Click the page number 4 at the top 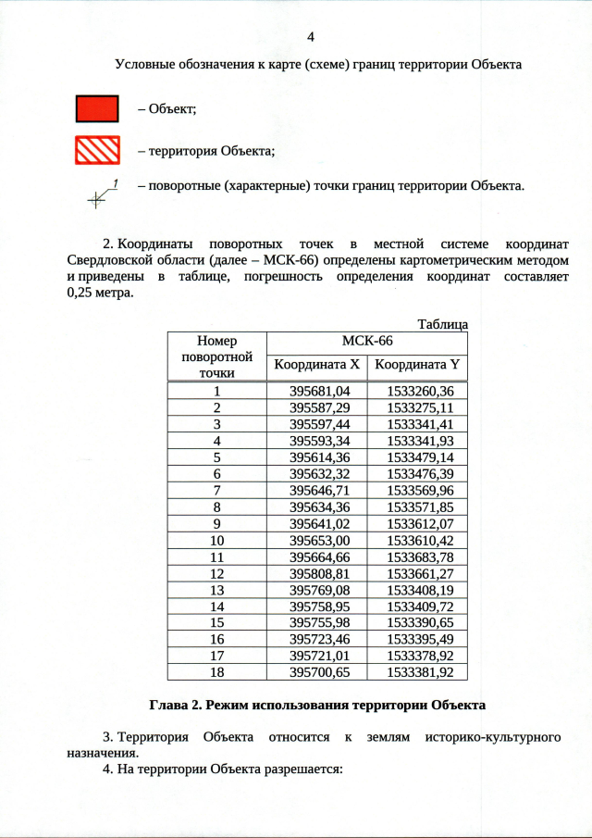pyautogui.click(x=311, y=37)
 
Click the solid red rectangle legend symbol pyautogui.click(x=97, y=108)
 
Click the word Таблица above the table pyautogui.click(x=442, y=324)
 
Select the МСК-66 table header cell pyautogui.click(x=367, y=342)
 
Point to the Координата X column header pyautogui.click(x=317, y=366)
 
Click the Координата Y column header pyautogui.click(x=417, y=366)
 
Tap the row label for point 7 pyautogui.click(x=216, y=490)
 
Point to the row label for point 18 pyautogui.click(x=216, y=671)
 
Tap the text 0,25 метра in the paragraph pyautogui.click(x=100, y=294)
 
